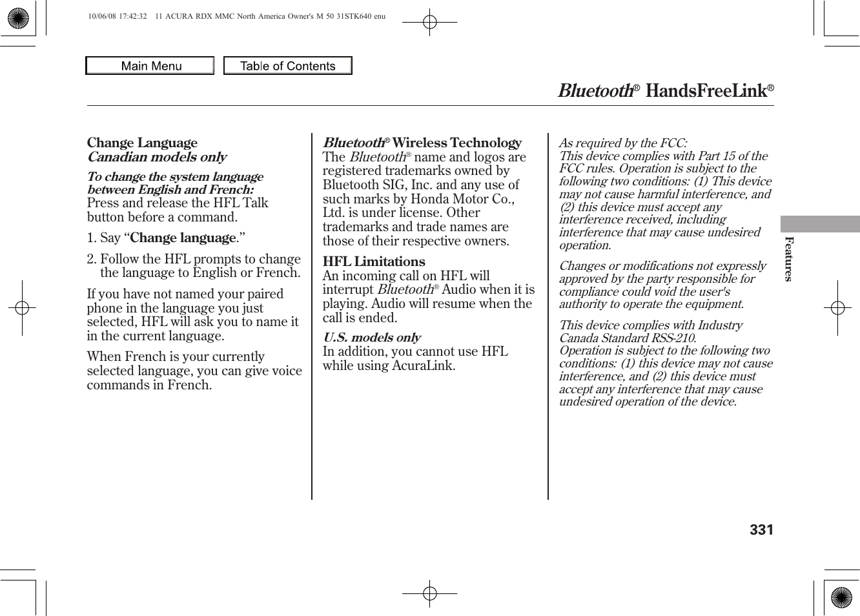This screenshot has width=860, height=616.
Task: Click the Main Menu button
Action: (x=150, y=66)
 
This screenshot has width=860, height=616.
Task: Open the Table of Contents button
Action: (x=287, y=66)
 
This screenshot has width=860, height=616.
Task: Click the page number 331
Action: (x=761, y=530)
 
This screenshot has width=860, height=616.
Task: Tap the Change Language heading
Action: (x=142, y=143)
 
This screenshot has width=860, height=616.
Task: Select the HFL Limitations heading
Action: (x=374, y=262)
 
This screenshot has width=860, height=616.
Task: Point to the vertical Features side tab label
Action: (x=788, y=259)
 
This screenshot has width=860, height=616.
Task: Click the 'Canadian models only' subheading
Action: (x=157, y=157)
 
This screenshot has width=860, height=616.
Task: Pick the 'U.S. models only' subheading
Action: (x=371, y=338)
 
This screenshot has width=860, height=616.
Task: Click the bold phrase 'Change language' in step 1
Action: (x=183, y=238)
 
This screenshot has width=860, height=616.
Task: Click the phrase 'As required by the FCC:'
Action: (x=623, y=143)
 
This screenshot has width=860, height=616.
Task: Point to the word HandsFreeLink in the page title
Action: (x=705, y=91)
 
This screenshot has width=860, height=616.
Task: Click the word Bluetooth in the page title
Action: (x=595, y=91)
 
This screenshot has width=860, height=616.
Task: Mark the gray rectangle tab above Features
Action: (x=820, y=224)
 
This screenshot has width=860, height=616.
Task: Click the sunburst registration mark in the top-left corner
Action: (x=18, y=18)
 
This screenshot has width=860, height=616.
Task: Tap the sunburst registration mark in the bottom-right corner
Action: (x=841, y=598)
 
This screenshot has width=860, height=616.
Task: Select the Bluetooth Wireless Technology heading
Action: (x=422, y=143)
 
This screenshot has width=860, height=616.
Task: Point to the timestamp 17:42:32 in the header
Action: (x=132, y=16)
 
